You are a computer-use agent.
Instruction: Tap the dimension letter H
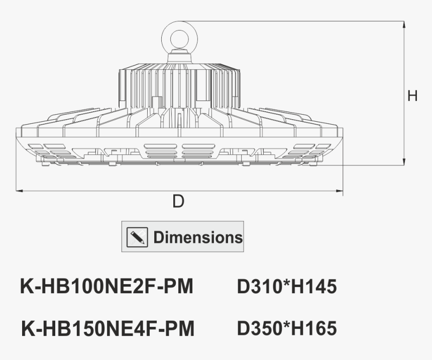[412, 96]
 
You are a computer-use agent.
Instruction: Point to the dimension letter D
[178, 202]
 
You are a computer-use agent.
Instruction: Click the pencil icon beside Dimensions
[138, 236]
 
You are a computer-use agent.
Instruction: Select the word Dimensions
[198, 237]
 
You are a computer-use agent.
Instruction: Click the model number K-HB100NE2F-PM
[106, 287]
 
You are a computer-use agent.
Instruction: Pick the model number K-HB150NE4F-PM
[107, 329]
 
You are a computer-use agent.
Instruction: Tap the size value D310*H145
[287, 287]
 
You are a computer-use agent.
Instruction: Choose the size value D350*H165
[287, 329]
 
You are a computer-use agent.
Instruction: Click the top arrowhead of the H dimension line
[404, 24]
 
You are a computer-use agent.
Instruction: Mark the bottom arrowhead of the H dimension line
[404, 162]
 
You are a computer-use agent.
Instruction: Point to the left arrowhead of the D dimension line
[19, 191]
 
